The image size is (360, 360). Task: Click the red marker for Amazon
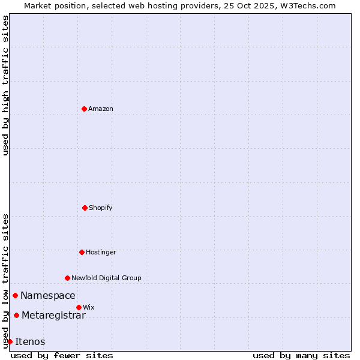coord(84,109)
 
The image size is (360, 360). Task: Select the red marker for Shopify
coord(85,208)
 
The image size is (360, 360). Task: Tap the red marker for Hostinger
coord(82,252)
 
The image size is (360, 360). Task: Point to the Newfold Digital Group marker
coord(67,278)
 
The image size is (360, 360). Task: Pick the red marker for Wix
coord(79,307)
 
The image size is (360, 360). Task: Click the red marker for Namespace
coord(15,295)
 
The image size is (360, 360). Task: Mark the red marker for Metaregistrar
coord(16,315)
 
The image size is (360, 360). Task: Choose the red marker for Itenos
coord(10,341)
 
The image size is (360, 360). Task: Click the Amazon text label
coord(101,109)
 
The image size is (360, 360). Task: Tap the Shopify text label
coord(101,208)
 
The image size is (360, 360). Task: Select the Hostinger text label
coord(101,252)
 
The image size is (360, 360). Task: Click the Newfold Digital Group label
coord(106,278)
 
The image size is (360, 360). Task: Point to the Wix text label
coord(89,307)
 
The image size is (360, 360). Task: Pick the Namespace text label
coord(48,295)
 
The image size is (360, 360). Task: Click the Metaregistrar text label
coord(53,315)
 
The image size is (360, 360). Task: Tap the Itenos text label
coord(30,341)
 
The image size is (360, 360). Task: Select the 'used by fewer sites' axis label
coord(62,355)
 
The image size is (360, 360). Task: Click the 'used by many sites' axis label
coord(301,355)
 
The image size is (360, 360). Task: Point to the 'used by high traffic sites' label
coord(5,85)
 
